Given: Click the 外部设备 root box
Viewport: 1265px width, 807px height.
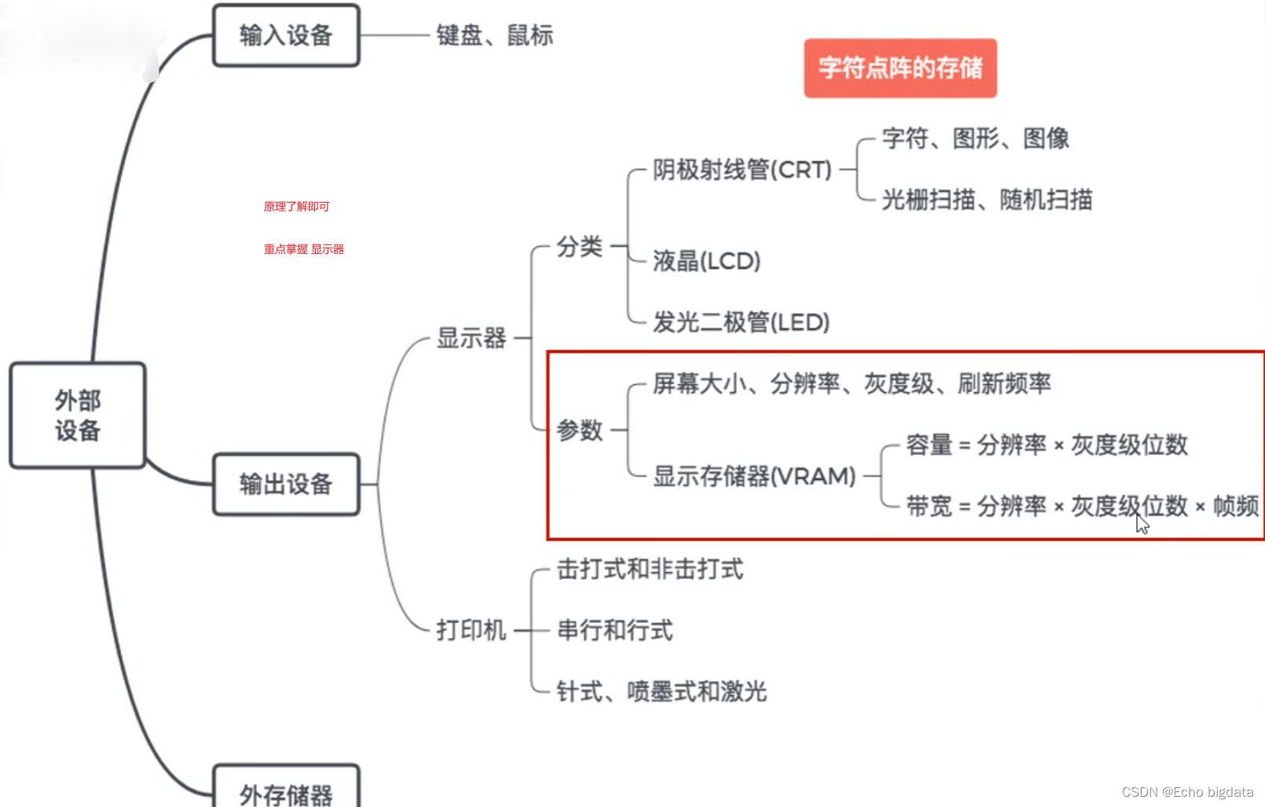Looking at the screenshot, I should tap(78, 415).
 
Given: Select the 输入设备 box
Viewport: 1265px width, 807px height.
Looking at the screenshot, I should tap(286, 35).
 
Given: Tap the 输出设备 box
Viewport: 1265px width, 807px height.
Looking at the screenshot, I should tap(286, 484).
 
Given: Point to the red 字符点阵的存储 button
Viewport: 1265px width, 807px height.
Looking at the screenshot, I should tap(900, 68).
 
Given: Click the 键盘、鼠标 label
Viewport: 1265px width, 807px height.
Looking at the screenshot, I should tap(495, 35).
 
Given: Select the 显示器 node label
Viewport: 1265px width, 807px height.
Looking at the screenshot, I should tap(471, 339).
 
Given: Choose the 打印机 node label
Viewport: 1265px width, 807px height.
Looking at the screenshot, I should tap(471, 630).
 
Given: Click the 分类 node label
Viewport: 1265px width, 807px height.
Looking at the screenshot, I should tap(580, 247).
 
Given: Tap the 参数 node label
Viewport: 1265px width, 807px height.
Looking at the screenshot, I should tap(580, 430).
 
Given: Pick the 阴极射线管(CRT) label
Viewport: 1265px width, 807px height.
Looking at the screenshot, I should tap(742, 170).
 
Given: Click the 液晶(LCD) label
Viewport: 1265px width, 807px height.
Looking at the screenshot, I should tap(706, 261).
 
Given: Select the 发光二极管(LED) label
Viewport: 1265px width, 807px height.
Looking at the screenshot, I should tap(741, 322).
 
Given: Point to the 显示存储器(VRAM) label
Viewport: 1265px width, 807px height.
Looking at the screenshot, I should tap(754, 476).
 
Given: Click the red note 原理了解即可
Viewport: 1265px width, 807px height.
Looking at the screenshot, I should tap(296, 207).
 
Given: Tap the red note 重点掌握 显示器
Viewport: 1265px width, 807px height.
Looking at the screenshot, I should tap(303, 249).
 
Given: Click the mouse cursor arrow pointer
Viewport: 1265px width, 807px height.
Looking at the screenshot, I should tap(1142, 523).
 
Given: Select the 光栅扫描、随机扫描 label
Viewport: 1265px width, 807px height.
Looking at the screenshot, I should tap(987, 200).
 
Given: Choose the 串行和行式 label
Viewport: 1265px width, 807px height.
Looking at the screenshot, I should tap(615, 630).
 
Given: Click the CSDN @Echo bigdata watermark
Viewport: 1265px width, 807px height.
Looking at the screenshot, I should tap(1187, 792).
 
